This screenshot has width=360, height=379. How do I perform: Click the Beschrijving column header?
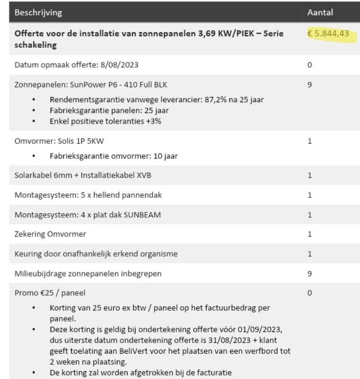coord(38,12)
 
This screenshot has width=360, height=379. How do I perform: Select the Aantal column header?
coord(320,12)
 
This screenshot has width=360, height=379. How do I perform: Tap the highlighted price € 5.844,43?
coord(328,34)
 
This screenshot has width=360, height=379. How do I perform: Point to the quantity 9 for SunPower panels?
coord(309,85)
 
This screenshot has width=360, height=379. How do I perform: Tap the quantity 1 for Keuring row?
coord(309,254)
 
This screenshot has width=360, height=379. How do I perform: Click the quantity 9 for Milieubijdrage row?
coord(309,274)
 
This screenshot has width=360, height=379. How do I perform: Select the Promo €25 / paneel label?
coord(50,293)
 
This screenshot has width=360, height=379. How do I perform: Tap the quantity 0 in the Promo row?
coord(309,293)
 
